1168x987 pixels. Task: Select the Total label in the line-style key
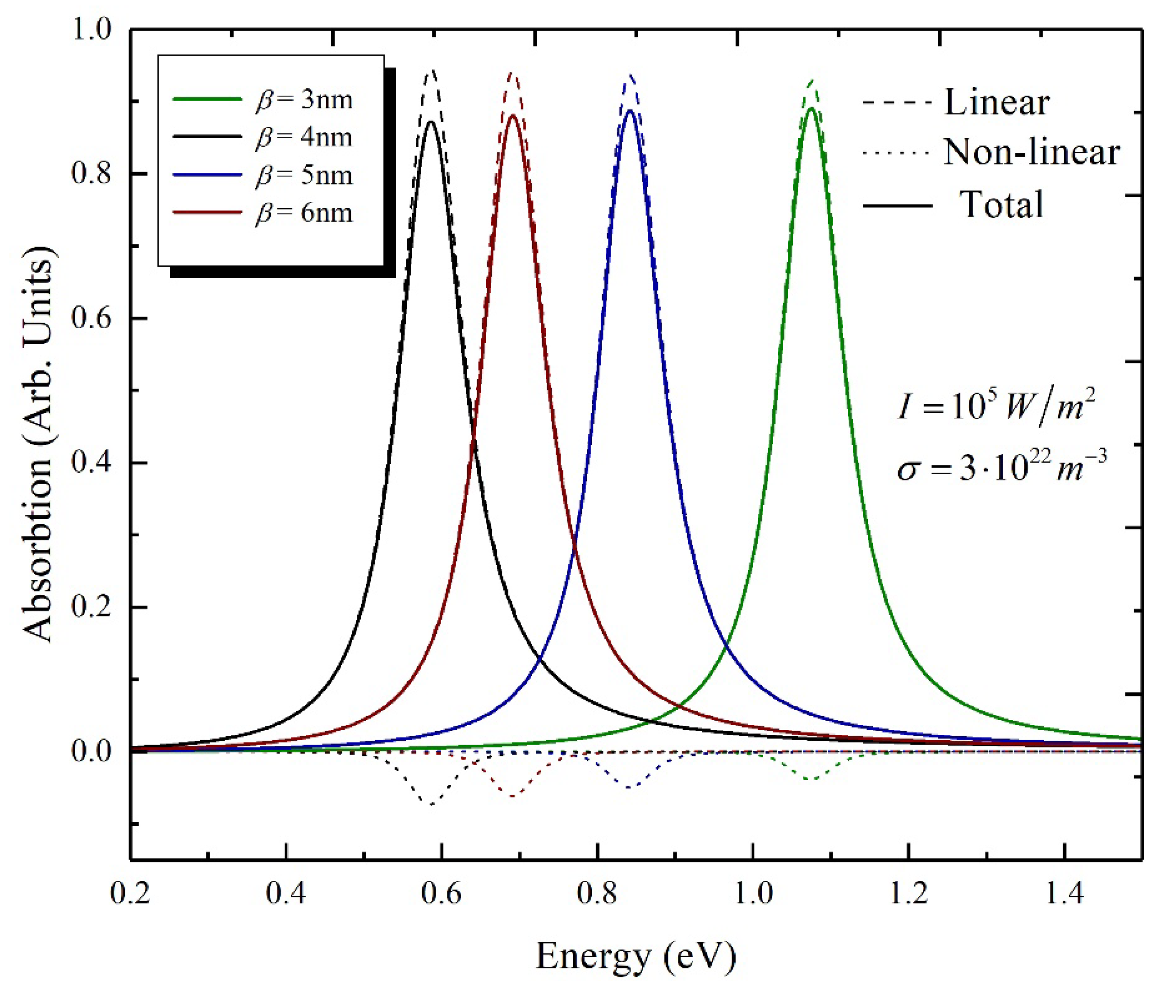(x=1001, y=204)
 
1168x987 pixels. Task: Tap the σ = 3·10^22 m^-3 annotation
(x=1001, y=467)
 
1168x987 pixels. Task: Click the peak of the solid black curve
(x=431, y=121)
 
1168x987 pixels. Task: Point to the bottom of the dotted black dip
(x=431, y=804)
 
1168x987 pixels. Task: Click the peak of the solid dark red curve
(x=513, y=115)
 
